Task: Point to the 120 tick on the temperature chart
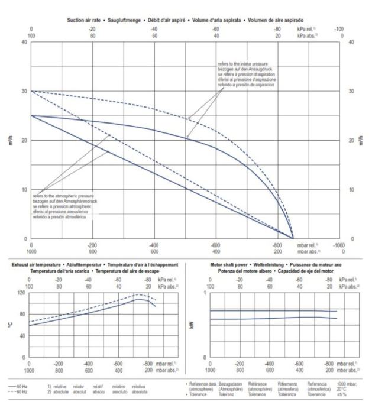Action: click(x=20, y=293)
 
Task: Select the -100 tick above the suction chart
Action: click(x=339, y=28)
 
